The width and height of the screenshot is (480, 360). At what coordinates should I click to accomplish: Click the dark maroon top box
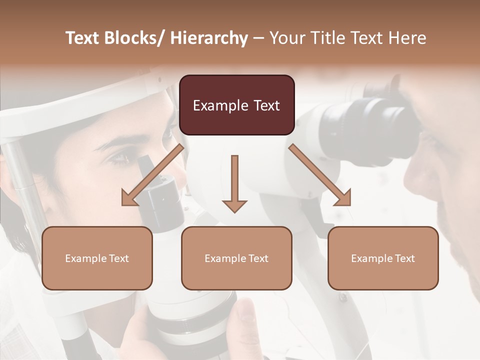(x=236, y=105)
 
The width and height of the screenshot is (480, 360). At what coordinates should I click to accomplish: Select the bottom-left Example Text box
(x=97, y=258)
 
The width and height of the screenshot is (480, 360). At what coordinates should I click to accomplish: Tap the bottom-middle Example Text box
(x=236, y=258)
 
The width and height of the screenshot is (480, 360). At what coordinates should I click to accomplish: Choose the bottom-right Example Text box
(x=383, y=258)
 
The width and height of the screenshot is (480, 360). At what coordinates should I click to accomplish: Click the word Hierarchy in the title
(x=209, y=38)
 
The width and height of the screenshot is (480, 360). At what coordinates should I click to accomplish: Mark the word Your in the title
(x=286, y=38)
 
